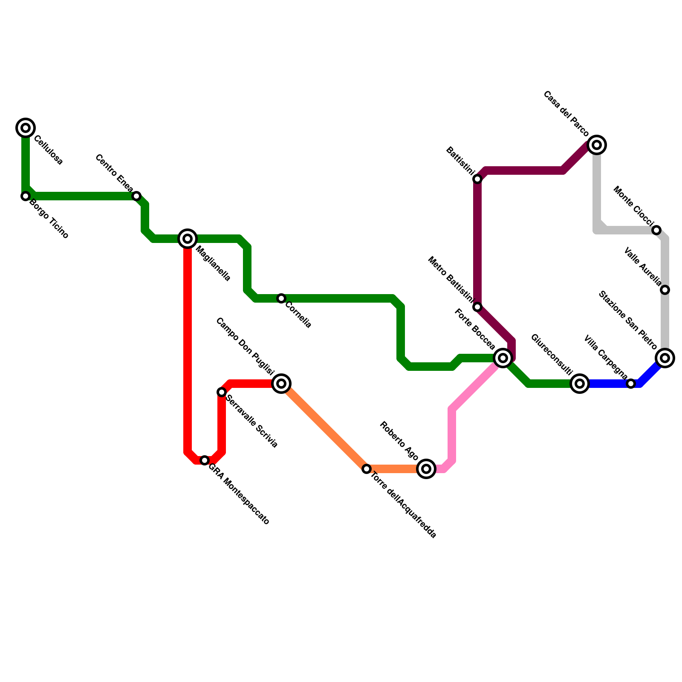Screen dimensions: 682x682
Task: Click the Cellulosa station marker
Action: (x=26, y=128)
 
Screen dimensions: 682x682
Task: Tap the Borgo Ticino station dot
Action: (x=26, y=196)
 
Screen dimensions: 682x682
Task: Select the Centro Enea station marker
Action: (x=136, y=196)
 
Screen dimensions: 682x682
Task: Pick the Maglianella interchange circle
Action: (x=188, y=239)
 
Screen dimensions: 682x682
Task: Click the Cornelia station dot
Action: (x=281, y=298)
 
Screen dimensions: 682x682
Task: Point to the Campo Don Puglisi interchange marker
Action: (x=281, y=384)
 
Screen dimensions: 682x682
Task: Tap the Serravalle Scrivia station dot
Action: (x=222, y=392)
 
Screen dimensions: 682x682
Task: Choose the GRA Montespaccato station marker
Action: (x=205, y=460)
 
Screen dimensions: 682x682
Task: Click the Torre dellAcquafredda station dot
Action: (x=367, y=469)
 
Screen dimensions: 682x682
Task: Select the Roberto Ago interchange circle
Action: (x=426, y=469)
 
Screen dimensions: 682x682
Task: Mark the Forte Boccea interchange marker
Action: (x=503, y=358)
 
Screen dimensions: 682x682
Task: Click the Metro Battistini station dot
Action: (x=477, y=307)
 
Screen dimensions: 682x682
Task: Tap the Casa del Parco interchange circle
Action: (x=597, y=145)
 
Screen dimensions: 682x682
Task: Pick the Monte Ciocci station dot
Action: (x=656, y=230)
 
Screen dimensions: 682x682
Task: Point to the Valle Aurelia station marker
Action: (x=665, y=290)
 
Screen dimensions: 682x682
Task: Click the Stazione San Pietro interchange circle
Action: (x=665, y=358)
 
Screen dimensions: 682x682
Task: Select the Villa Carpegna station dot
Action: (x=631, y=384)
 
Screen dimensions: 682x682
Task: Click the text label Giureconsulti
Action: (x=552, y=355)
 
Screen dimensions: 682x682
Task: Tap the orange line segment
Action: (x=324, y=426)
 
